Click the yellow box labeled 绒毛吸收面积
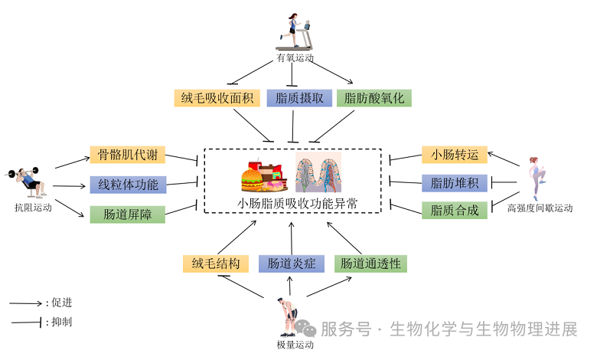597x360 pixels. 217,98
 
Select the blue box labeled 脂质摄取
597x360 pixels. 299,98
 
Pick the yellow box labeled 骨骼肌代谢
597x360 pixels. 127,155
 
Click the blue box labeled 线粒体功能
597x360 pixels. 127,184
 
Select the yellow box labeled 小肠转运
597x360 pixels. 455,154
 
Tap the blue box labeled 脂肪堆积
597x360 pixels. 455,182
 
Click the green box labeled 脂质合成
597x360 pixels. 455,210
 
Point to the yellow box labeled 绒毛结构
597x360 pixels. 216,263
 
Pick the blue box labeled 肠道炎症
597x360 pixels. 292,263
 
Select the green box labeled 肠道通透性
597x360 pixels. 370,263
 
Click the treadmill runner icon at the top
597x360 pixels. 296,31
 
